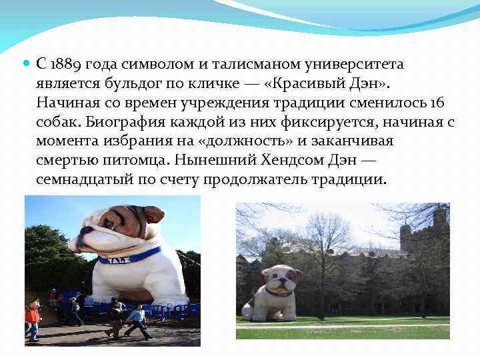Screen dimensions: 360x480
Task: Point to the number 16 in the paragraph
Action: (437, 103)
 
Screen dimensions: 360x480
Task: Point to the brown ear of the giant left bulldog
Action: (154, 213)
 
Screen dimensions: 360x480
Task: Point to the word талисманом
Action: (229, 65)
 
